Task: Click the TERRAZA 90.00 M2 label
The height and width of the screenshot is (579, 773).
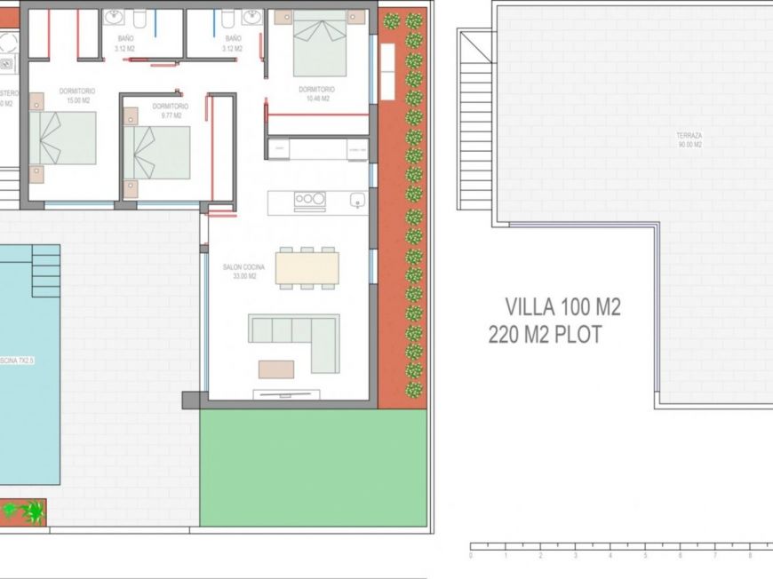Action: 689,140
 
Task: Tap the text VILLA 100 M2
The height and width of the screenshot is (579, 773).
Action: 562,307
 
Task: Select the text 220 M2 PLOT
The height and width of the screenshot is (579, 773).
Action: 545,335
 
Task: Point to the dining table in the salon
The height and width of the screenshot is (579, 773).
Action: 307,268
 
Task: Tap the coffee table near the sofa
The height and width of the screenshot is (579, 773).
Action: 276,369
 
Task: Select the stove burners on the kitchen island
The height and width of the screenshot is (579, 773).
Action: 308,200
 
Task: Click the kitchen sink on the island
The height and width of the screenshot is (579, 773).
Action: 357,200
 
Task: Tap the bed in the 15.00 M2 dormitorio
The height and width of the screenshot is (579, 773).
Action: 64,138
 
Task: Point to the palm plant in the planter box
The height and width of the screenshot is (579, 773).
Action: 25,512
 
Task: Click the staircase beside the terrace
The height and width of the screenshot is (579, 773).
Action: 475,120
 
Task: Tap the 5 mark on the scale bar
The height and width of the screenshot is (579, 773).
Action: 645,556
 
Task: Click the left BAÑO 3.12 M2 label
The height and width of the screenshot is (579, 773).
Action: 126,44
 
